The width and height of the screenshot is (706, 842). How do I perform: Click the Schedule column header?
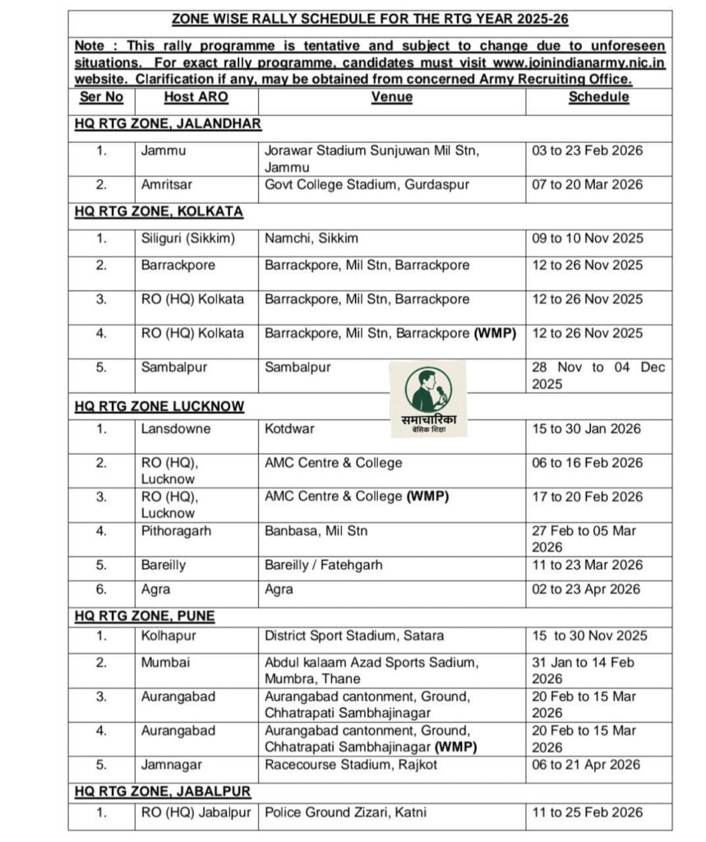click(x=598, y=97)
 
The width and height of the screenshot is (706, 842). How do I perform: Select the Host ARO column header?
click(x=196, y=97)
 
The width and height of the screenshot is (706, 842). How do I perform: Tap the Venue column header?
click(x=391, y=97)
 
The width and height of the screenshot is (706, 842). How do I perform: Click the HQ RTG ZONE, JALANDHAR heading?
click(x=168, y=123)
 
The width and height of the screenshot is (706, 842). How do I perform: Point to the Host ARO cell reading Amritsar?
click(x=168, y=184)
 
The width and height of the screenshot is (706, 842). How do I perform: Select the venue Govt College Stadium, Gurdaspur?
click(x=367, y=184)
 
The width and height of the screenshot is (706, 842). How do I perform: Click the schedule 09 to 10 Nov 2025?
click(x=587, y=238)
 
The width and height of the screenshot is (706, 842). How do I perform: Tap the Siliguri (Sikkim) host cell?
click(x=187, y=238)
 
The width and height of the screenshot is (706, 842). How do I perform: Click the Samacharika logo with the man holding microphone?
click(x=427, y=399)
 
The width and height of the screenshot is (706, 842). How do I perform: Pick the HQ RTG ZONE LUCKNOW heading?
click(x=159, y=406)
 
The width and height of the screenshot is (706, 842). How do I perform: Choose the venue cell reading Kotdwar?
click(x=289, y=428)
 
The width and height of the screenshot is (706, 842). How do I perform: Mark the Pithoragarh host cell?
click(x=176, y=530)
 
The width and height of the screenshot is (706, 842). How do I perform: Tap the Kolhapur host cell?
click(x=165, y=635)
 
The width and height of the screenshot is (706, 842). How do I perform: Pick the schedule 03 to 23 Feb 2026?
click(x=587, y=150)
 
